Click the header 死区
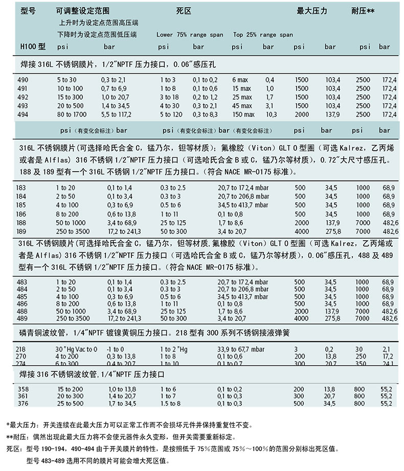184,11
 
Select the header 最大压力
311,11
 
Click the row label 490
24,80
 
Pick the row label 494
24,114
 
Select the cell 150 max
243,114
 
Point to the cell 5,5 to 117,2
116,114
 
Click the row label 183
22,188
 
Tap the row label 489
23,318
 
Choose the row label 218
22,348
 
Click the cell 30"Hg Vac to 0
76,348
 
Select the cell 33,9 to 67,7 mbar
240,348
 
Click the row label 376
23,404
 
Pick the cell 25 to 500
70,404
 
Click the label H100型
33,46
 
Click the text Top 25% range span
263,35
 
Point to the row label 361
23,396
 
